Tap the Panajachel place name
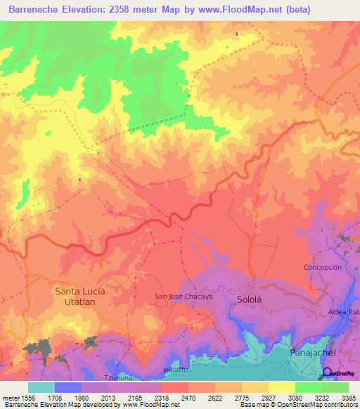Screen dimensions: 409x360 pos(313,352)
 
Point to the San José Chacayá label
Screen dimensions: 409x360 pos(184,297)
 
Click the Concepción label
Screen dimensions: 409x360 pos(323,268)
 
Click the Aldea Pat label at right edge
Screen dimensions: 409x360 pos(344,311)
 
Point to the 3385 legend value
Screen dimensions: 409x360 pos(348,397)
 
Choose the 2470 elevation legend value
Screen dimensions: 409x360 pos(188,397)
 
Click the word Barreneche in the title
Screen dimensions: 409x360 pos(37,10)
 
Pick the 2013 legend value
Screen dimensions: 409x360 pos(108,397)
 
